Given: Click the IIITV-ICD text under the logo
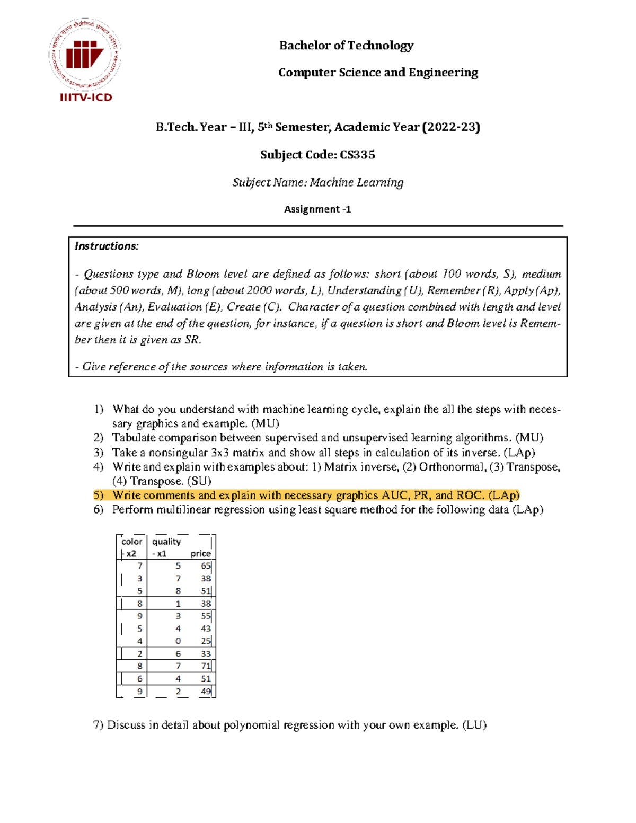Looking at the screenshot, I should tap(86, 98).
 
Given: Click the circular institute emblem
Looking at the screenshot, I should tap(85, 54).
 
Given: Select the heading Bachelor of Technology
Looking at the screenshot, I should tap(346, 46).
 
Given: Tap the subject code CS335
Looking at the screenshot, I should tap(357, 155).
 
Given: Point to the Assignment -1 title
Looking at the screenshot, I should tap(317, 209).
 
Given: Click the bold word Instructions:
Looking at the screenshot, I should tap(107, 246).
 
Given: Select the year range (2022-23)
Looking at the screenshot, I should tap(451, 127).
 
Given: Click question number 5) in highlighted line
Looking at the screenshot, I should tap(99, 495).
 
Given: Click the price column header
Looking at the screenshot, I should tap(200, 553).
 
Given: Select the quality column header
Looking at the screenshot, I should tap(166, 542).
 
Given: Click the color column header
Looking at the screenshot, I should tap(131, 542).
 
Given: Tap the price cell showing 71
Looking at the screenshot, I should tap(206, 666).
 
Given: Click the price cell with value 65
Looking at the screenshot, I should tap(206, 566).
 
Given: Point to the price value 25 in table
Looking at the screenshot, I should tap(206, 641).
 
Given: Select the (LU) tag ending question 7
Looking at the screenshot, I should tap(474, 725).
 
